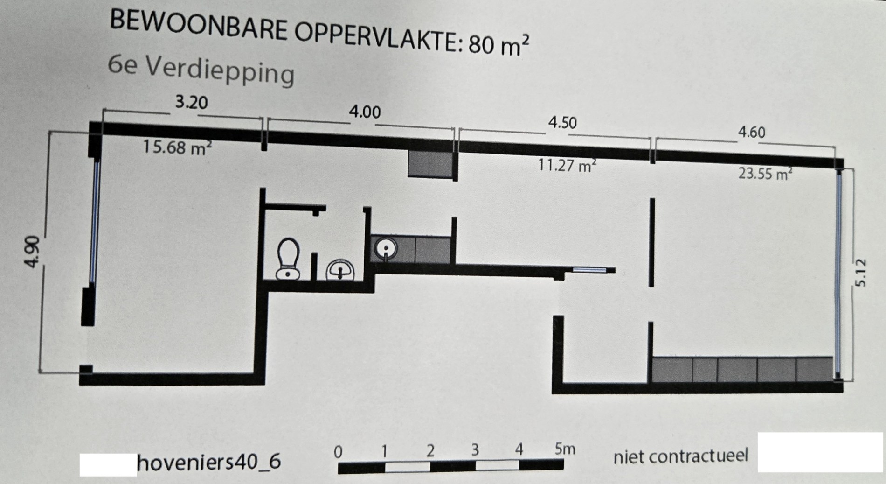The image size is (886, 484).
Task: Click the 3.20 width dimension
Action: (191, 102)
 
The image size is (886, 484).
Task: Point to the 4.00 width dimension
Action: (365, 112)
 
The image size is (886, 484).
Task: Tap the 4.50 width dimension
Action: (562, 122)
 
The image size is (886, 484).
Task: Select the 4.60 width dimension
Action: (751, 133)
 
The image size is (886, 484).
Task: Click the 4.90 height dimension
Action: (32, 252)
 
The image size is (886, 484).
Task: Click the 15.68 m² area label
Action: (177, 147)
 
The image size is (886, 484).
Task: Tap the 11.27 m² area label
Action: (568, 165)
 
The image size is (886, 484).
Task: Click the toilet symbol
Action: (288, 259)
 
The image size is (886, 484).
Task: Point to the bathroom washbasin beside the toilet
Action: (340, 270)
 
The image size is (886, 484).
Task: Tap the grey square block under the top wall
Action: (430, 164)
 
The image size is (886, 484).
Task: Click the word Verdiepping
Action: (220, 71)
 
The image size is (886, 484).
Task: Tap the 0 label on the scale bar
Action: (339, 452)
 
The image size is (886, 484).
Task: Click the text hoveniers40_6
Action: (209, 462)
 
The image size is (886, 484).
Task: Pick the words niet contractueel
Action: (680, 456)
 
